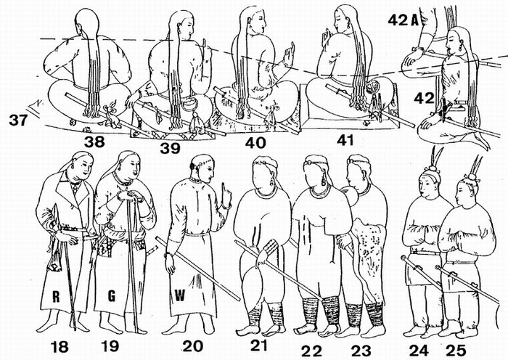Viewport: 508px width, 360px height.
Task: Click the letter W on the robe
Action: [x=178, y=295]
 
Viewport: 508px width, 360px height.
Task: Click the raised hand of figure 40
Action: [x=290, y=55]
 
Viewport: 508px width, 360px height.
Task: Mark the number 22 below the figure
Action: [x=313, y=349]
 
